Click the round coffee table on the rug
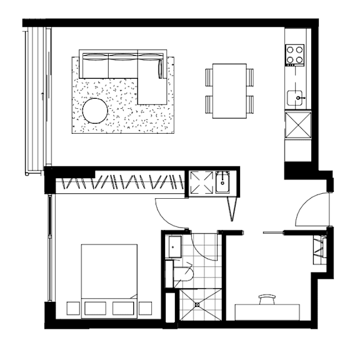click(96, 112)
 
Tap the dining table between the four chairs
click(229, 91)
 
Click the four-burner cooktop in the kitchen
click(294, 55)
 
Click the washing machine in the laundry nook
click(201, 182)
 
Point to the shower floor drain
click(199, 304)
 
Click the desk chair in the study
click(267, 299)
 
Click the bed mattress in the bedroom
click(109, 269)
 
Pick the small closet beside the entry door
click(319, 249)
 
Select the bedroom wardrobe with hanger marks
click(119, 185)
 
